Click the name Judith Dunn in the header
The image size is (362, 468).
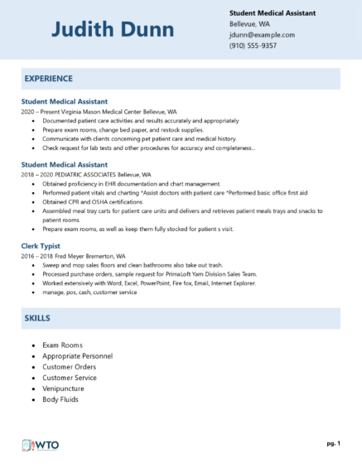[x=113, y=31]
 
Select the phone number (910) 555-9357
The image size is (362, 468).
[x=253, y=46]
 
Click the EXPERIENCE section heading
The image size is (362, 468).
[x=49, y=78]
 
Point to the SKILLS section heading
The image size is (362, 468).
[x=38, y=318]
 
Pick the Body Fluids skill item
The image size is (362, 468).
[x=60, y=399]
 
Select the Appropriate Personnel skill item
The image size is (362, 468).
[x=77, y=355]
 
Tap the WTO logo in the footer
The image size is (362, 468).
[x=40, y=446]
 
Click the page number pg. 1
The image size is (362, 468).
[x=333, y=444]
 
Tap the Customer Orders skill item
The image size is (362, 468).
[x=70, y=366]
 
